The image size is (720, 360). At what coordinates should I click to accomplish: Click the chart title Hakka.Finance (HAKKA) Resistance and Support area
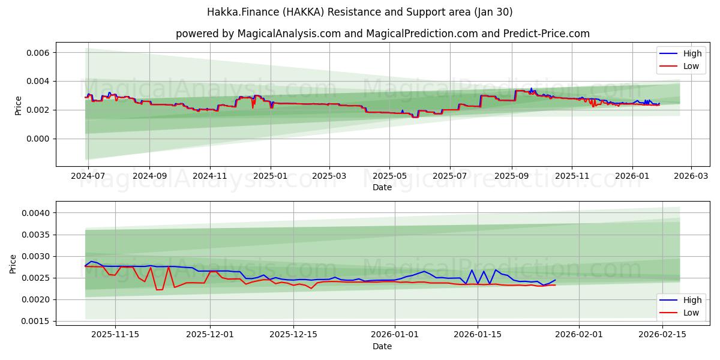click(360, 12)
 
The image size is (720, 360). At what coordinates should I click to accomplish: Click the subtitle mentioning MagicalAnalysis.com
click(382, 34)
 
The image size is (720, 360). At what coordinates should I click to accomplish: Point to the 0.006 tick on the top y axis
click(37, 53)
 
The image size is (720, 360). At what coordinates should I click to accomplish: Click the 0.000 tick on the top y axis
click(37, 139)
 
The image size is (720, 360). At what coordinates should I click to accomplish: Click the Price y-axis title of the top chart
click(18, 106)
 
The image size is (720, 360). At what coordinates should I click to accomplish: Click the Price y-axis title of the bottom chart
click(13, 263)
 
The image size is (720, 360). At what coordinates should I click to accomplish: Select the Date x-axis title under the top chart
click(382, 187)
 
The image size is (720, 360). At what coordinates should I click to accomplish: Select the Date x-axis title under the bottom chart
click(382, 346)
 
